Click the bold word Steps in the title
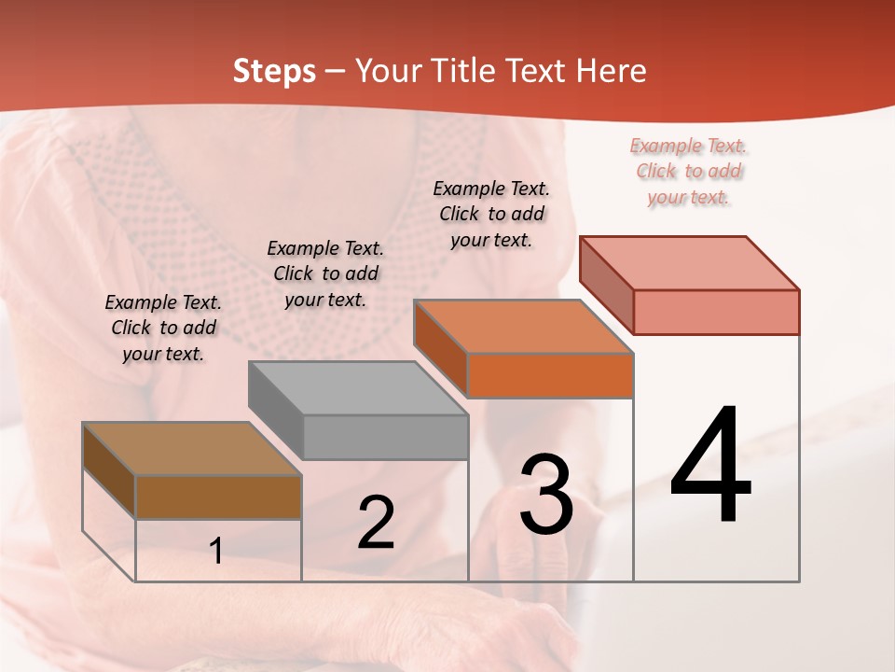274,71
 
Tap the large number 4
710,467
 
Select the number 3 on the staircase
546,495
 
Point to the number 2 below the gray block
376,524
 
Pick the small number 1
216,552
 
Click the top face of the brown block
192,449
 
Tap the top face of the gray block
358,387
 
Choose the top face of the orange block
524,327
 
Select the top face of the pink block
690,262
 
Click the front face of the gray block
385,437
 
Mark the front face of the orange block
550,375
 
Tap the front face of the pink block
716,312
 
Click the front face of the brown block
218,497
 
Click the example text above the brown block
163,329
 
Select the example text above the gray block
325,273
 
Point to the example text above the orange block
491,214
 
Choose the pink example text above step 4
689,171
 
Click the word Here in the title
612,71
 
